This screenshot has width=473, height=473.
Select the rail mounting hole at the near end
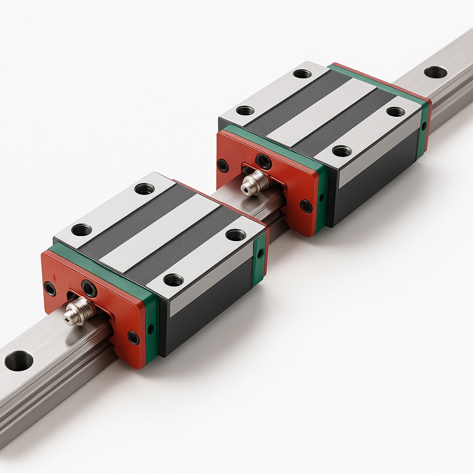(19, 360)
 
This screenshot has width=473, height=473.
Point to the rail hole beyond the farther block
(435, 72)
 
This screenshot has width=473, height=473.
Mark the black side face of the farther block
(374, 185)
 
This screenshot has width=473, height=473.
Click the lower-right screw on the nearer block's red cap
(133, 338)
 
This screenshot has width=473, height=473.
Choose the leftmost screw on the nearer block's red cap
(49, 289)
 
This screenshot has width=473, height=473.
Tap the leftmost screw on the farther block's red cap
(223, 165)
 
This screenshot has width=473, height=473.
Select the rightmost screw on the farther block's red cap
(305, 206)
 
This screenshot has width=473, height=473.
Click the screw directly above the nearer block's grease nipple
(89, 289)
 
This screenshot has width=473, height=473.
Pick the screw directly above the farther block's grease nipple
(264, 161)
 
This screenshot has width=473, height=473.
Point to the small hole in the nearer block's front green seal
(151, 329)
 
